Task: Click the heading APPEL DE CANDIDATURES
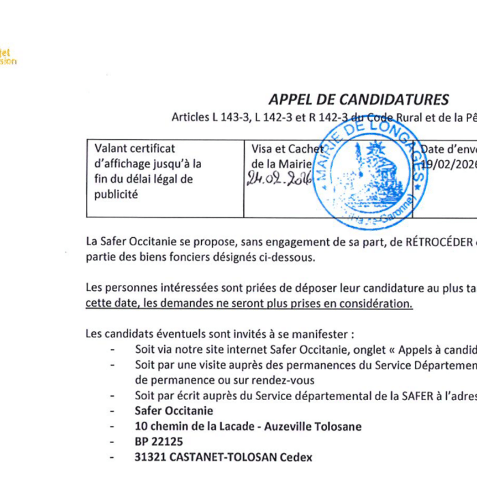pyautogui.click(x=358, y=100)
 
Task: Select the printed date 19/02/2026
pyautogui.click(x=448, y=164)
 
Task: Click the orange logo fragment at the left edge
pyautogui.click(x=7, y=57)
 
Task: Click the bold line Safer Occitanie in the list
pyautogui.click(x=174, y=411)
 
